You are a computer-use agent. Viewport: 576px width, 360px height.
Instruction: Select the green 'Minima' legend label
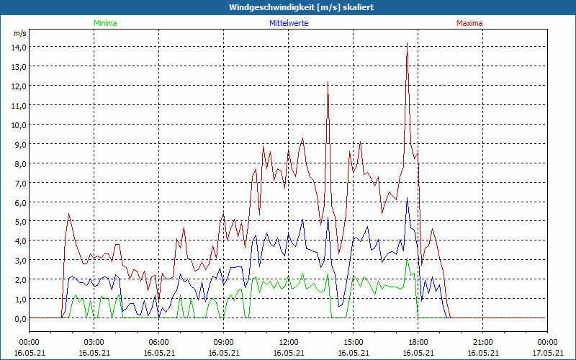point(105,23)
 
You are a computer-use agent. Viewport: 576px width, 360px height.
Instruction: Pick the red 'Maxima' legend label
point(469,23)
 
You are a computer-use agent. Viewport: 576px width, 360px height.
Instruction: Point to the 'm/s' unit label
point(19,33)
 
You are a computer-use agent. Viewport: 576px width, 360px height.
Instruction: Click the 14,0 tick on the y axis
point(18,47)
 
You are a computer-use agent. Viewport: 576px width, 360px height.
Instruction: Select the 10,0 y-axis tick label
point(18,125)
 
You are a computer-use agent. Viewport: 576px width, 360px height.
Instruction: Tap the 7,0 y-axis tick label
point(18,183)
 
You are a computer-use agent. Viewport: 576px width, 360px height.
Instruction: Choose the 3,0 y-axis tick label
point(18,260)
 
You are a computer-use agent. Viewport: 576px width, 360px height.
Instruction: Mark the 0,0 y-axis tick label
point(18,318)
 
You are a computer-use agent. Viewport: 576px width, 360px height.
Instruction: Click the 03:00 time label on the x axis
point(94,342)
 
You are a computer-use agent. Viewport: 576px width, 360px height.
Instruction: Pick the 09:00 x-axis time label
point(223,342)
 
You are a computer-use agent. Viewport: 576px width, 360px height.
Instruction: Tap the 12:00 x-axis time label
point(288,342)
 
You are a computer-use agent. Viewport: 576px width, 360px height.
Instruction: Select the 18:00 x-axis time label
point(418,342)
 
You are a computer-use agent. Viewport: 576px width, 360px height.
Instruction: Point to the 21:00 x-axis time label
point(482,342)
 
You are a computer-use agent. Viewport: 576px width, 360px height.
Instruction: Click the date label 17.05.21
point(547,353)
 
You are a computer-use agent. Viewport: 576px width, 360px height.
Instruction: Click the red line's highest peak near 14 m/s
point(407,45)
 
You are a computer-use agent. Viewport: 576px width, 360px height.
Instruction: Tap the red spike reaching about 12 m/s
point(328,83)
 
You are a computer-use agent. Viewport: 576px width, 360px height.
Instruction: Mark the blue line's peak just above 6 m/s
point(407,198)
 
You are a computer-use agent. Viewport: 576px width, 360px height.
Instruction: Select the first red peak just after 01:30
point(68,214)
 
